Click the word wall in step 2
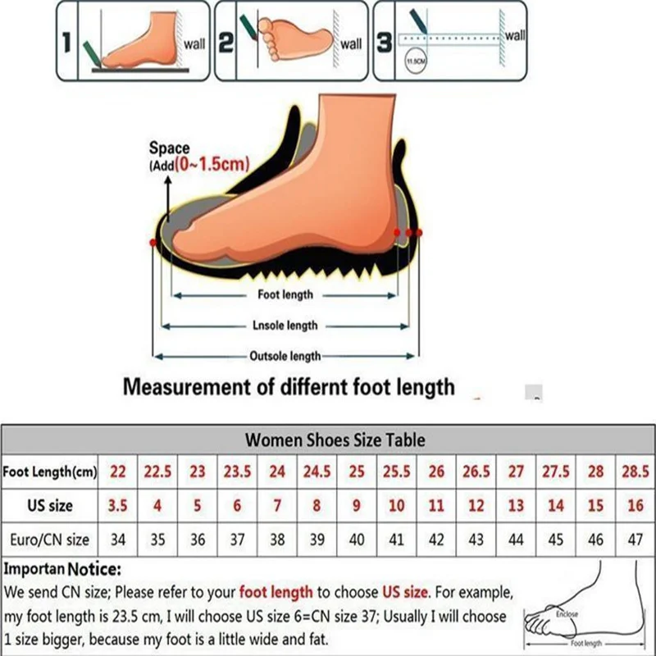(x=351, y=44)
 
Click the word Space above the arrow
(x=169, y=148)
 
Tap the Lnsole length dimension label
(x=285, y=326)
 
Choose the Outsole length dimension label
(x=285, y=356)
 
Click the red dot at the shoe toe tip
(x=153, y=243)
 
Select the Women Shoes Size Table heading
(x=335, y=440)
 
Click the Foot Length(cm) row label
(x=50, y=471)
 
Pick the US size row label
(x=50, y=506)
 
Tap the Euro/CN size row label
(x=50, y=540)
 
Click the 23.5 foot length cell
(x=237, y=471)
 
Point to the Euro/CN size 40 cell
(x=357, y=540)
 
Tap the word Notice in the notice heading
(x=94, y=568)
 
